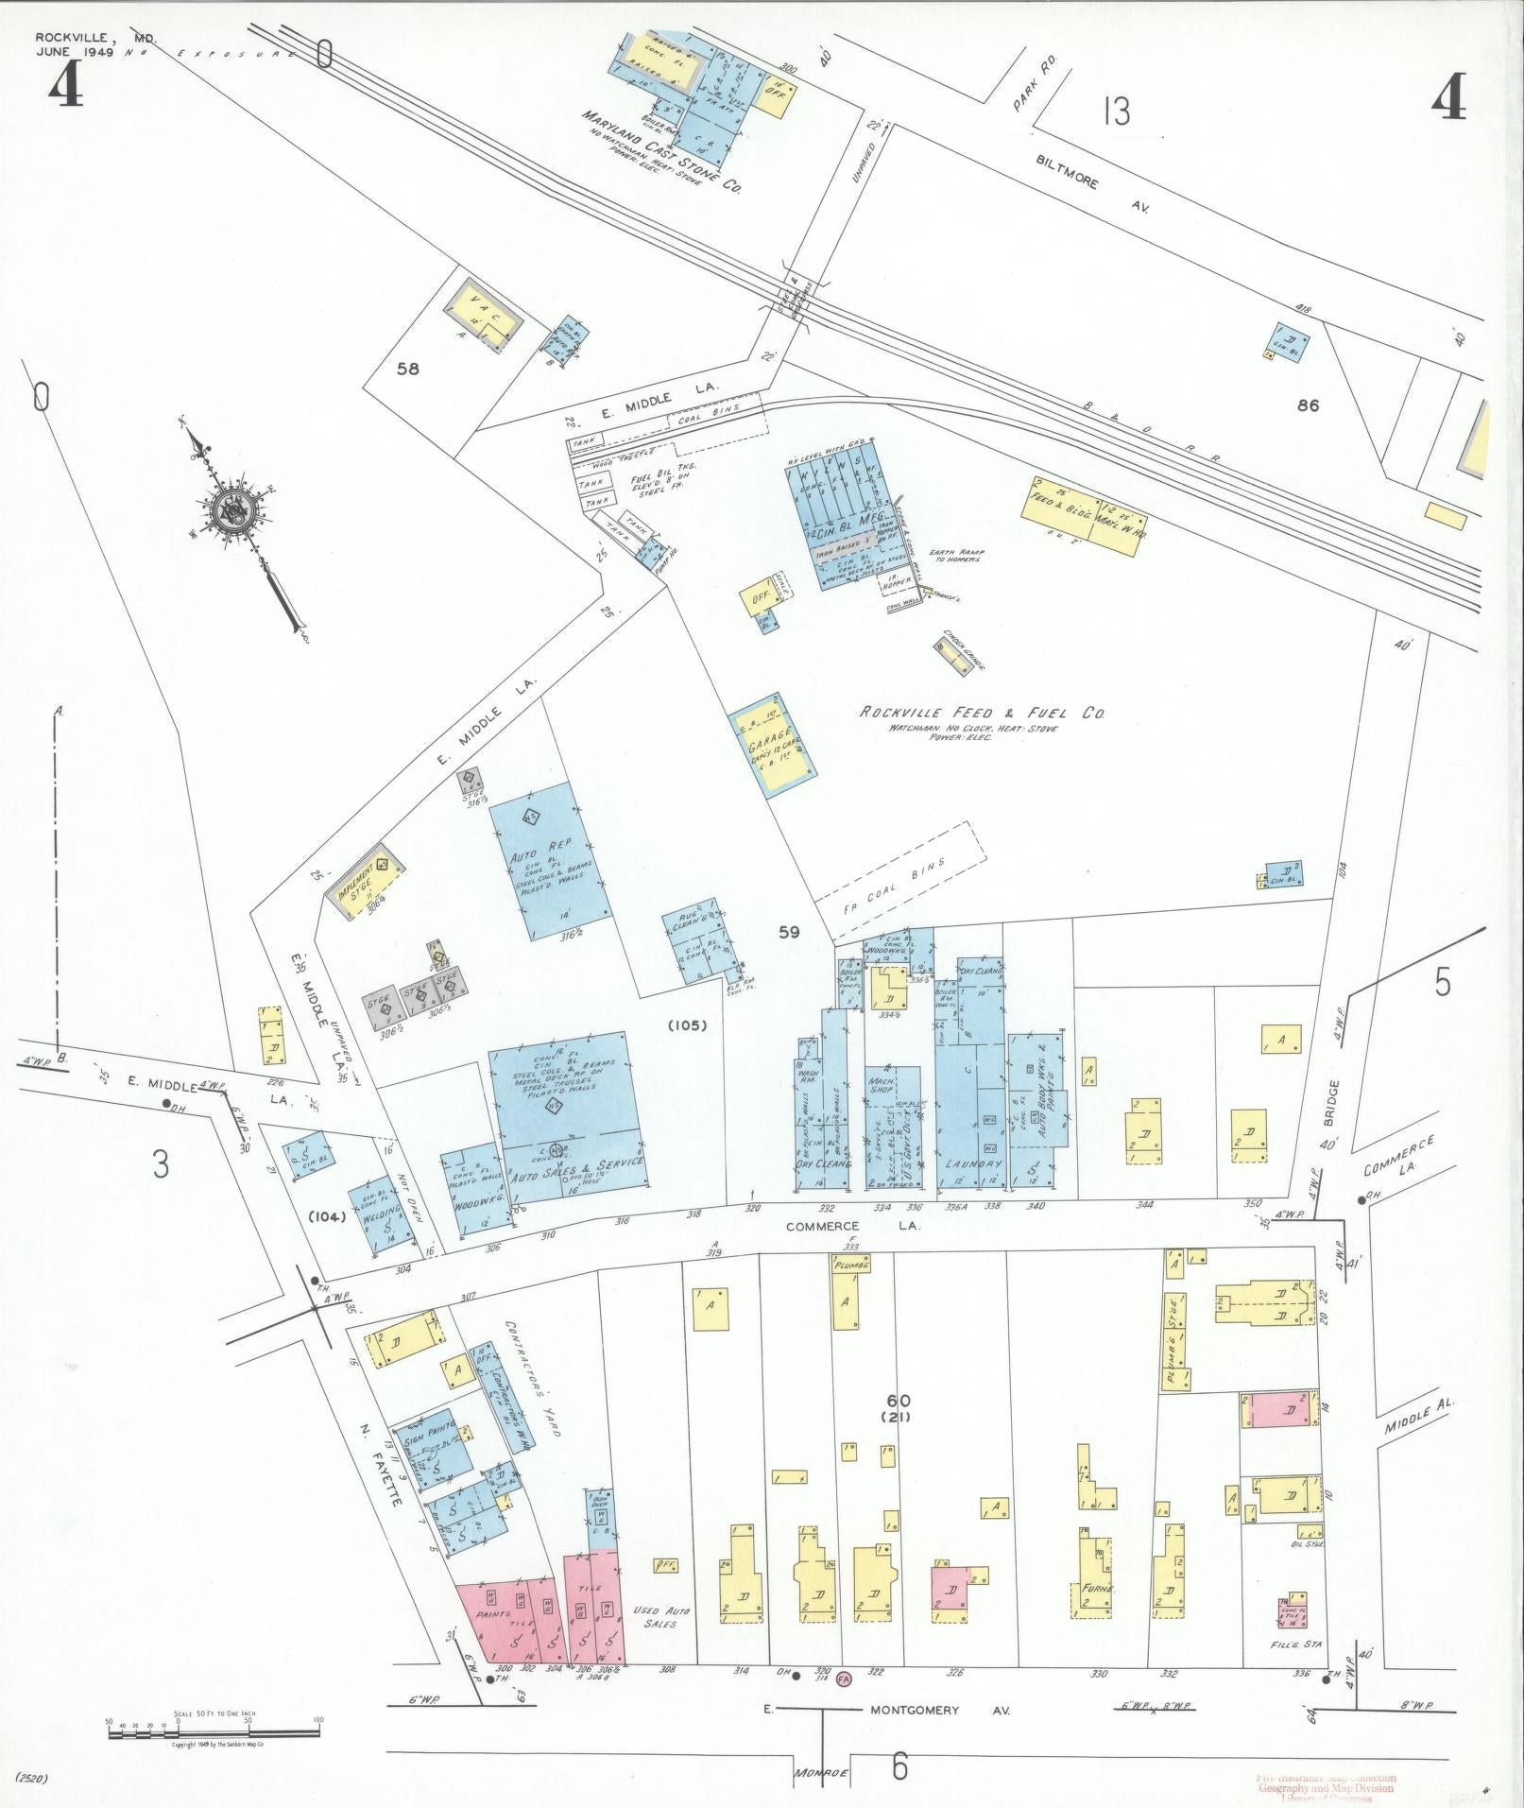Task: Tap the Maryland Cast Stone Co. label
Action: [x=660, y=152]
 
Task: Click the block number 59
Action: [x=789, y=932]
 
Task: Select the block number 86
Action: [x=1308, y=406]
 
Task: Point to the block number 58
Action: [x=407, y=370]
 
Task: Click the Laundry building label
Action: [x=972, y=1165]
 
